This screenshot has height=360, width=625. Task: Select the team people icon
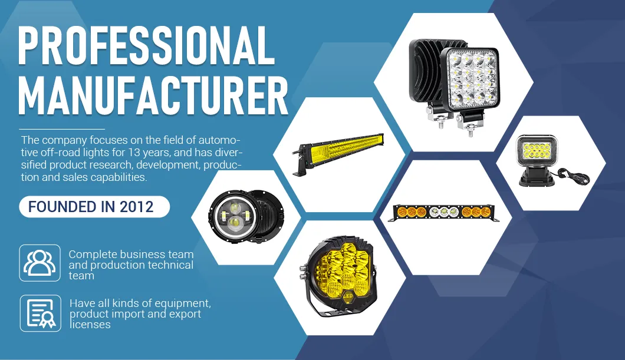[x=40, y=263]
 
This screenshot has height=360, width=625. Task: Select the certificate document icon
[x=40, y=313]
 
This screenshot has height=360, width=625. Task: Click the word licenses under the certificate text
[x=90, y=325]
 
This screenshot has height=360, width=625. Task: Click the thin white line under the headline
[x=61, y=128]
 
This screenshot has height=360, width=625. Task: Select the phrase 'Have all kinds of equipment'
[x=140, y=303]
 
